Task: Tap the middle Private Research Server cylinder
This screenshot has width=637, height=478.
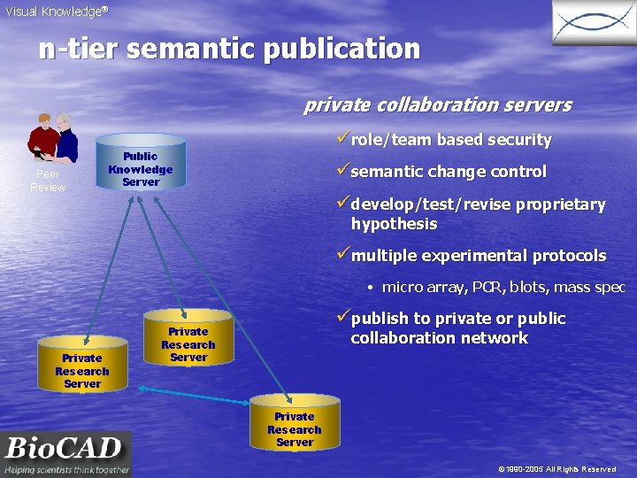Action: click(188, 342)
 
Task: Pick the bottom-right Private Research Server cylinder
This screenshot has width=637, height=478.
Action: click(295, 427)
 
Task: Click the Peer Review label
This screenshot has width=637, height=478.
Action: click(48, 181)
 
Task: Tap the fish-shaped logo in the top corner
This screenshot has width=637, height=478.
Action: click(594, 23)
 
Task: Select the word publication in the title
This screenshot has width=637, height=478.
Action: click(337, 49)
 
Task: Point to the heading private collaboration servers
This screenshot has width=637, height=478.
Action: click(438, 105)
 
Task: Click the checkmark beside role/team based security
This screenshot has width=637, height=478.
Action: click(342, 139)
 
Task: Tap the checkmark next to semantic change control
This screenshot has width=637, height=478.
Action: click(342, 171)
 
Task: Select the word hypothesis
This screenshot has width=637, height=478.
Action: click(394, 224)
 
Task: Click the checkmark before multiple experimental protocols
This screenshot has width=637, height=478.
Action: click(342, 256)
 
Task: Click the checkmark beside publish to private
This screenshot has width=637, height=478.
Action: click(342, 318)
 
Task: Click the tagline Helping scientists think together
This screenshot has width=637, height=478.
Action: click(66, 469)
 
